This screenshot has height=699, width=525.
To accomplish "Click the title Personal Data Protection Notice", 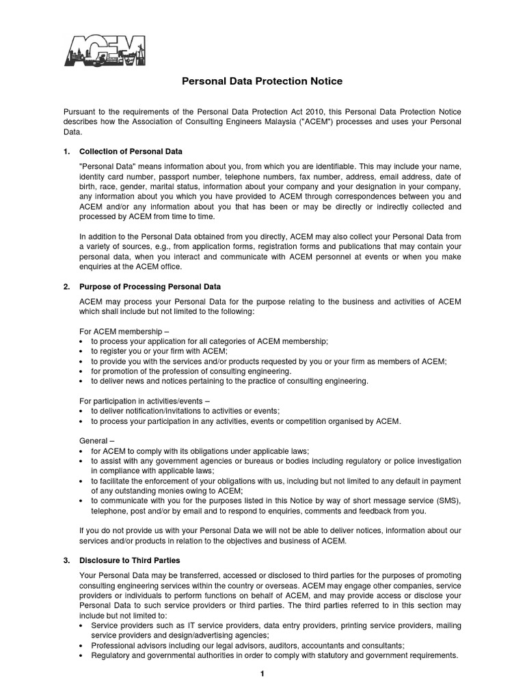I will [x=262, y=81].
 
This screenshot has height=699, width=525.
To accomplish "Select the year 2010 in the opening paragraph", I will [x=314, y=111].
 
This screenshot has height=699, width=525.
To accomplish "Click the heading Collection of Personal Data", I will [x=131, y=151].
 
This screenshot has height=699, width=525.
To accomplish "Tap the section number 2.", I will [x=66, y=286].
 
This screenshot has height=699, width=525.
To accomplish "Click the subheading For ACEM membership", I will [x=119, y=330].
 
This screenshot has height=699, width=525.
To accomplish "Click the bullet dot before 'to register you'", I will [x=83, y=351].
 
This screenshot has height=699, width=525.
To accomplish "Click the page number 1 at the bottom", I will [x=262, y=674].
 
